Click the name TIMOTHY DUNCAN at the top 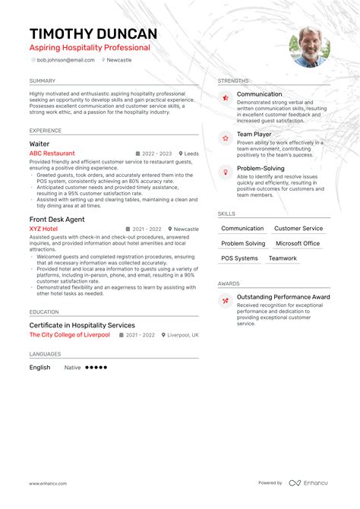coord(93,33)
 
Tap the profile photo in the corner coord(310,47)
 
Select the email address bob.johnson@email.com coord(66,59)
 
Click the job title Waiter coord(40,143)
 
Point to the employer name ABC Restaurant coord(52,153)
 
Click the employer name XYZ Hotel coord(43,229)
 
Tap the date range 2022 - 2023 coord(157,153)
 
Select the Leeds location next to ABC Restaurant coord(191,153)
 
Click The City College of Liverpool coord(71,335)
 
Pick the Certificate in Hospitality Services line coord(82,325)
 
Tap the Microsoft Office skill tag coord(298,244)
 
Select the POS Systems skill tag coord(240,258)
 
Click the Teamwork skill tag coord(283,258)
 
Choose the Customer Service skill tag coord(298,229)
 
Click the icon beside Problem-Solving coord(226,172)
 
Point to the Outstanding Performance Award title coord(283,297)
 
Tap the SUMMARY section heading coord(43,81)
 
